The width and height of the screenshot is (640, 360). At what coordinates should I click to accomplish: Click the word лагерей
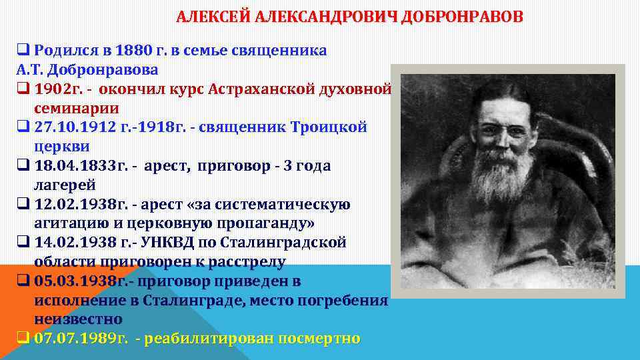[x=64, y=185]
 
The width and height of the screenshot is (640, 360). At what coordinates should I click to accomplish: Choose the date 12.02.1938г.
[x=75, y=204]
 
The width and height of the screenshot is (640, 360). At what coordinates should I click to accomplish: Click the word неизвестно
[x=78, y=319]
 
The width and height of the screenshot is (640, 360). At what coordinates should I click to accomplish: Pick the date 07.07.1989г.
[x=81, y=339]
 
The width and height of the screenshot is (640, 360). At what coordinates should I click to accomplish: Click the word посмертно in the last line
[x=319, y=339]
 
